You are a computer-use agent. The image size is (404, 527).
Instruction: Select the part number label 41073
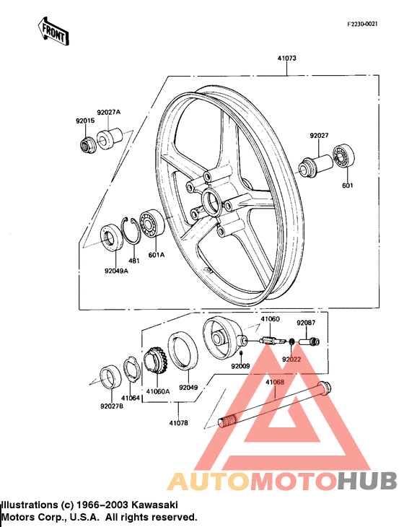[286, 58]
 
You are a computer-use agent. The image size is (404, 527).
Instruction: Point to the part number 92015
[85, 121]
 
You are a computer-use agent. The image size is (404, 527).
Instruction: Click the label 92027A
[109, 113]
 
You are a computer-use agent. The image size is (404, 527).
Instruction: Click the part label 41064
[130, 398]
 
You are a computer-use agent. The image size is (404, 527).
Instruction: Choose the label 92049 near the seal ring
[188, 388]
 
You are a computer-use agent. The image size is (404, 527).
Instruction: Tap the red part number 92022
[291, 359]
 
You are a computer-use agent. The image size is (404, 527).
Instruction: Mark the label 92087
[306, 323]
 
